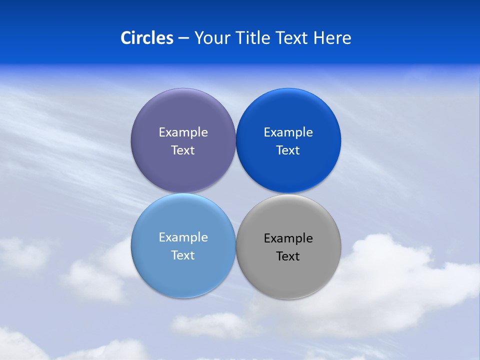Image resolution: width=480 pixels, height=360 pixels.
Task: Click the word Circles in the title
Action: coord(146,38)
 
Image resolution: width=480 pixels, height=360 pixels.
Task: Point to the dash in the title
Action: coord(183,38)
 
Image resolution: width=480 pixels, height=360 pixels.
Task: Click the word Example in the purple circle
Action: coord(183,132)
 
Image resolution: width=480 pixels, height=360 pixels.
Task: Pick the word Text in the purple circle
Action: coord(183,150)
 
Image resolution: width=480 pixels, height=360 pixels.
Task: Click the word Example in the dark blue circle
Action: coord(288,132)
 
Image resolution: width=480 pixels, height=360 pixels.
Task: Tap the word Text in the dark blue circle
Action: coord(288,150)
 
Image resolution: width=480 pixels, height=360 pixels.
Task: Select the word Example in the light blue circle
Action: coord(183,237)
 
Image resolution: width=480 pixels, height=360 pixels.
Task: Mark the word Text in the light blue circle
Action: coord(183,255)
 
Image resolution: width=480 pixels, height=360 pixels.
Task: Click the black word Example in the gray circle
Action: coord(288,238)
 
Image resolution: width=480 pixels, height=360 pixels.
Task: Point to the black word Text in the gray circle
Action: coord(288,256)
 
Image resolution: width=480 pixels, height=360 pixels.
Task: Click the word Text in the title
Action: coord(292,38)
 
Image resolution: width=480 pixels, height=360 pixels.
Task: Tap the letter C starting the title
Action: coord(125,38)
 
